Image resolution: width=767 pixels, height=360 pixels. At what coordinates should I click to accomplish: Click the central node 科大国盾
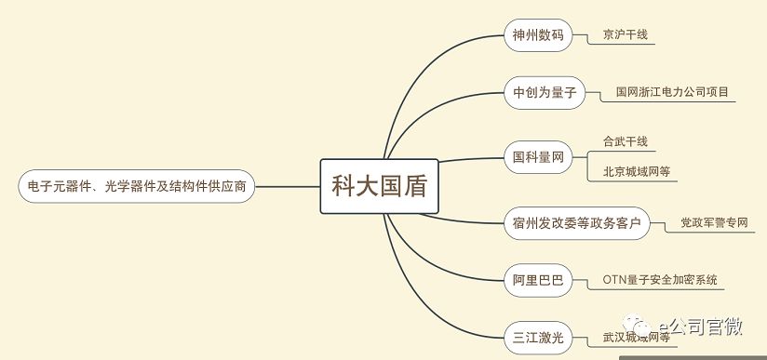point(379,185)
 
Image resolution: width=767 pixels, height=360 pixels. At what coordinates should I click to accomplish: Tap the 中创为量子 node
point(545,93)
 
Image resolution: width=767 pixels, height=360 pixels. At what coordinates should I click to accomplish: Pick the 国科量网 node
point(538,158)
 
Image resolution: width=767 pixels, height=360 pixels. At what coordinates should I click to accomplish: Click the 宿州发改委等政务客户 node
point(576,223)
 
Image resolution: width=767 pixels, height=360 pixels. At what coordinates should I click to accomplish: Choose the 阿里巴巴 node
point(538,280)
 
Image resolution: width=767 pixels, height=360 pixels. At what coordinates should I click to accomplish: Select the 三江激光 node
point(538,337)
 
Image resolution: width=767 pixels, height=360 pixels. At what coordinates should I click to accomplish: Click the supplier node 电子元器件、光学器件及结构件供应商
point(136,186)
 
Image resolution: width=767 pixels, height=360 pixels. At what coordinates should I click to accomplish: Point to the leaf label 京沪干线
point(625,35)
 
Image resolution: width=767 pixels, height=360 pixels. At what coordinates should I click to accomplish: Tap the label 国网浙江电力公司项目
point(672,93)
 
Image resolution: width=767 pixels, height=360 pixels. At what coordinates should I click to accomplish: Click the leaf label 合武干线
point(625,141)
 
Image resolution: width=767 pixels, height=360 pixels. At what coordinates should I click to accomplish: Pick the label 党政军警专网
point(714,223)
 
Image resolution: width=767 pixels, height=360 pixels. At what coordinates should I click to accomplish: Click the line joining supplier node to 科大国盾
point(287,186)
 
